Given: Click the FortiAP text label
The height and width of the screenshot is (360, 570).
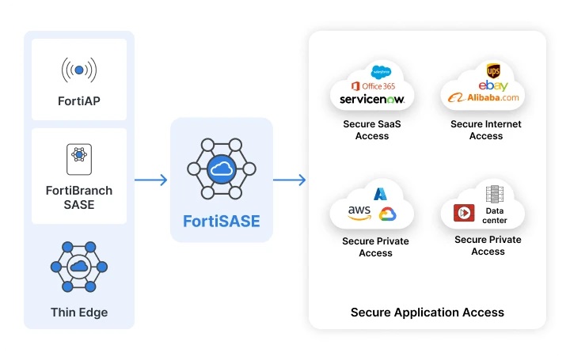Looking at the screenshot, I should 79,101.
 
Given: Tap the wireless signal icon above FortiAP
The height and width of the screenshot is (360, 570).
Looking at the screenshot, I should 79,70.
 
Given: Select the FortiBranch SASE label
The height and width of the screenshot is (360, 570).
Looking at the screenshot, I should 79,198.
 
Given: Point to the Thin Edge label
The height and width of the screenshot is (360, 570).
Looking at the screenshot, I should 79,312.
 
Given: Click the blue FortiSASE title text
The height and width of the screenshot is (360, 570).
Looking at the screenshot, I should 222,221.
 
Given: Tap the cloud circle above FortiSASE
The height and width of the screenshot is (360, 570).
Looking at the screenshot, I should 222,169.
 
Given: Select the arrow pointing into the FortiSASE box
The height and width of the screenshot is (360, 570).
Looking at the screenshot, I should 151,180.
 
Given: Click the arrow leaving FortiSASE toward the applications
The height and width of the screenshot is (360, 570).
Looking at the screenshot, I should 290,180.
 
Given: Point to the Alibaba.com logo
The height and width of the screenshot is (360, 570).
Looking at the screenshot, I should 483,98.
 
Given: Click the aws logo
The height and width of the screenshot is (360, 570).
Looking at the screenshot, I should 359,212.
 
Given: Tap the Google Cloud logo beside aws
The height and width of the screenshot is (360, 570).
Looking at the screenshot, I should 387,214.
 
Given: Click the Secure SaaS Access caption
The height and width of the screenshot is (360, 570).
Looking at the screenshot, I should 372,130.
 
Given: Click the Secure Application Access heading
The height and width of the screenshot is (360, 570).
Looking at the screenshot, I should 427,312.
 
